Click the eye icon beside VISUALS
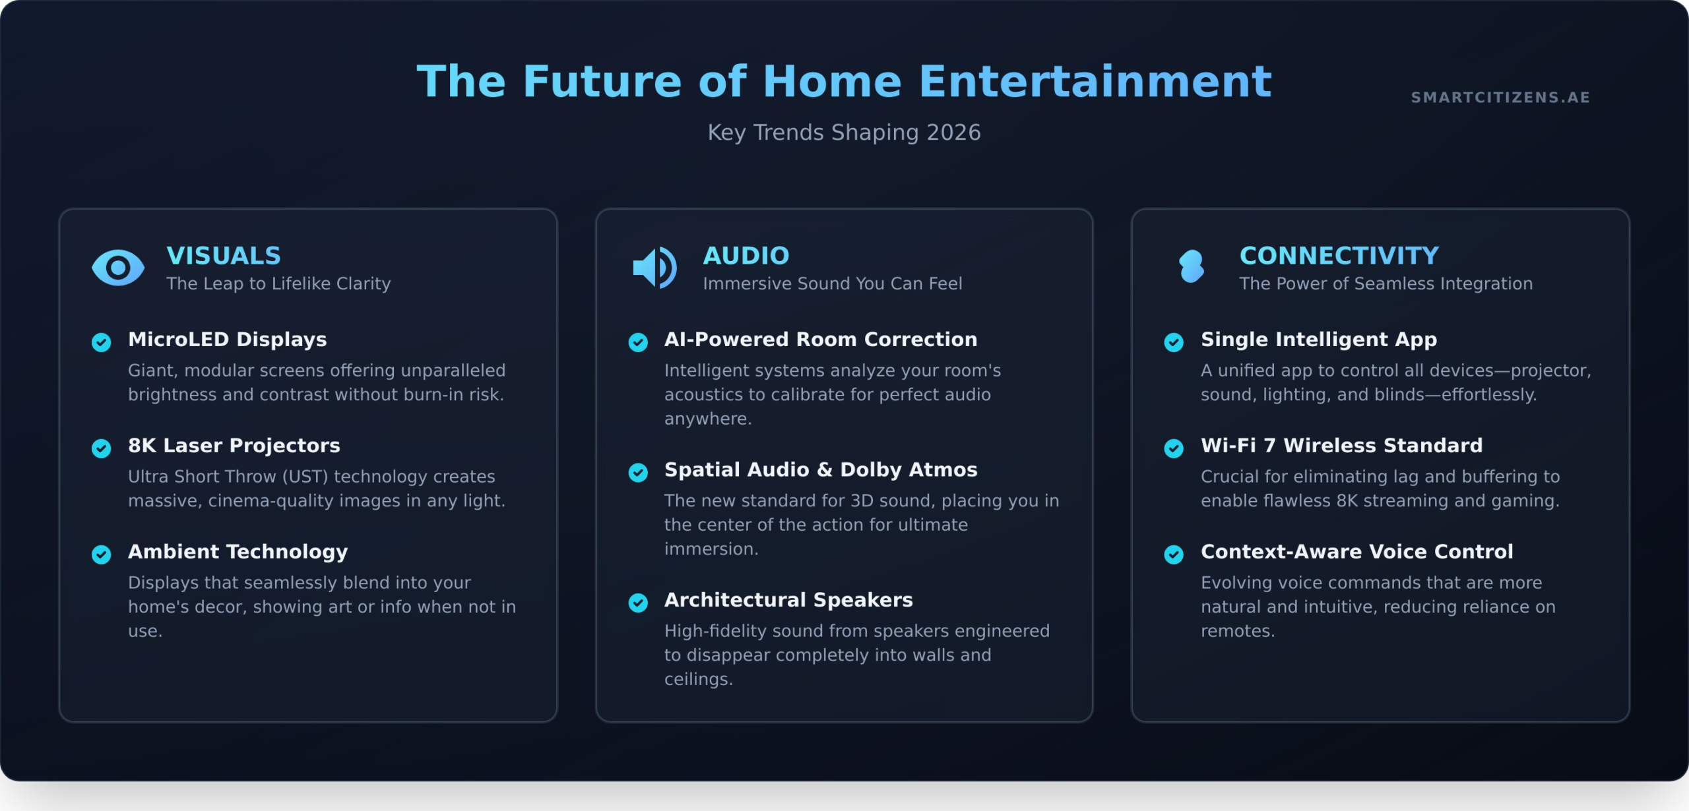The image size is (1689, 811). point(118,268)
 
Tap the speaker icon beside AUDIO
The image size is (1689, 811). point(654,268)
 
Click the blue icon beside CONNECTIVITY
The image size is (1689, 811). point(1192,266)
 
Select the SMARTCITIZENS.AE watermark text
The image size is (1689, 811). point(1500,98)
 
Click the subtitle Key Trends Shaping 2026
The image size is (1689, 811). point(844,133)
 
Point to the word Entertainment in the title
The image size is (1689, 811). point(1095,82)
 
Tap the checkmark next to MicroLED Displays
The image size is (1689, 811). point(101,342)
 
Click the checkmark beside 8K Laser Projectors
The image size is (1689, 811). point(101,448)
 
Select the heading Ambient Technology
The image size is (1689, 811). point(238,552)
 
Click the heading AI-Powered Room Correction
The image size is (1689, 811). point(821,340)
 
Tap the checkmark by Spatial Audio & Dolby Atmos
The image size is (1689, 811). point(638,473)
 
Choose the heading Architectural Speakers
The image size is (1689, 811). point(788,600)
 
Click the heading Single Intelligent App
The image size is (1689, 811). point(1319,340)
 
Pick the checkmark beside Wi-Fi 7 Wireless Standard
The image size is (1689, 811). point(1174,448)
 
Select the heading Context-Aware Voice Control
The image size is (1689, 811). point(1357,552)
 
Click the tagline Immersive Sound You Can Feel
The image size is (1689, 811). point(833,284)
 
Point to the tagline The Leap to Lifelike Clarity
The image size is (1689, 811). point(278,284)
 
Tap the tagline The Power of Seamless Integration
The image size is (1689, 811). point(1386,284)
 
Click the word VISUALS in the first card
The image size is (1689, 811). point(224,256)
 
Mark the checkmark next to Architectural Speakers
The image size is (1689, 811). point(638,603)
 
